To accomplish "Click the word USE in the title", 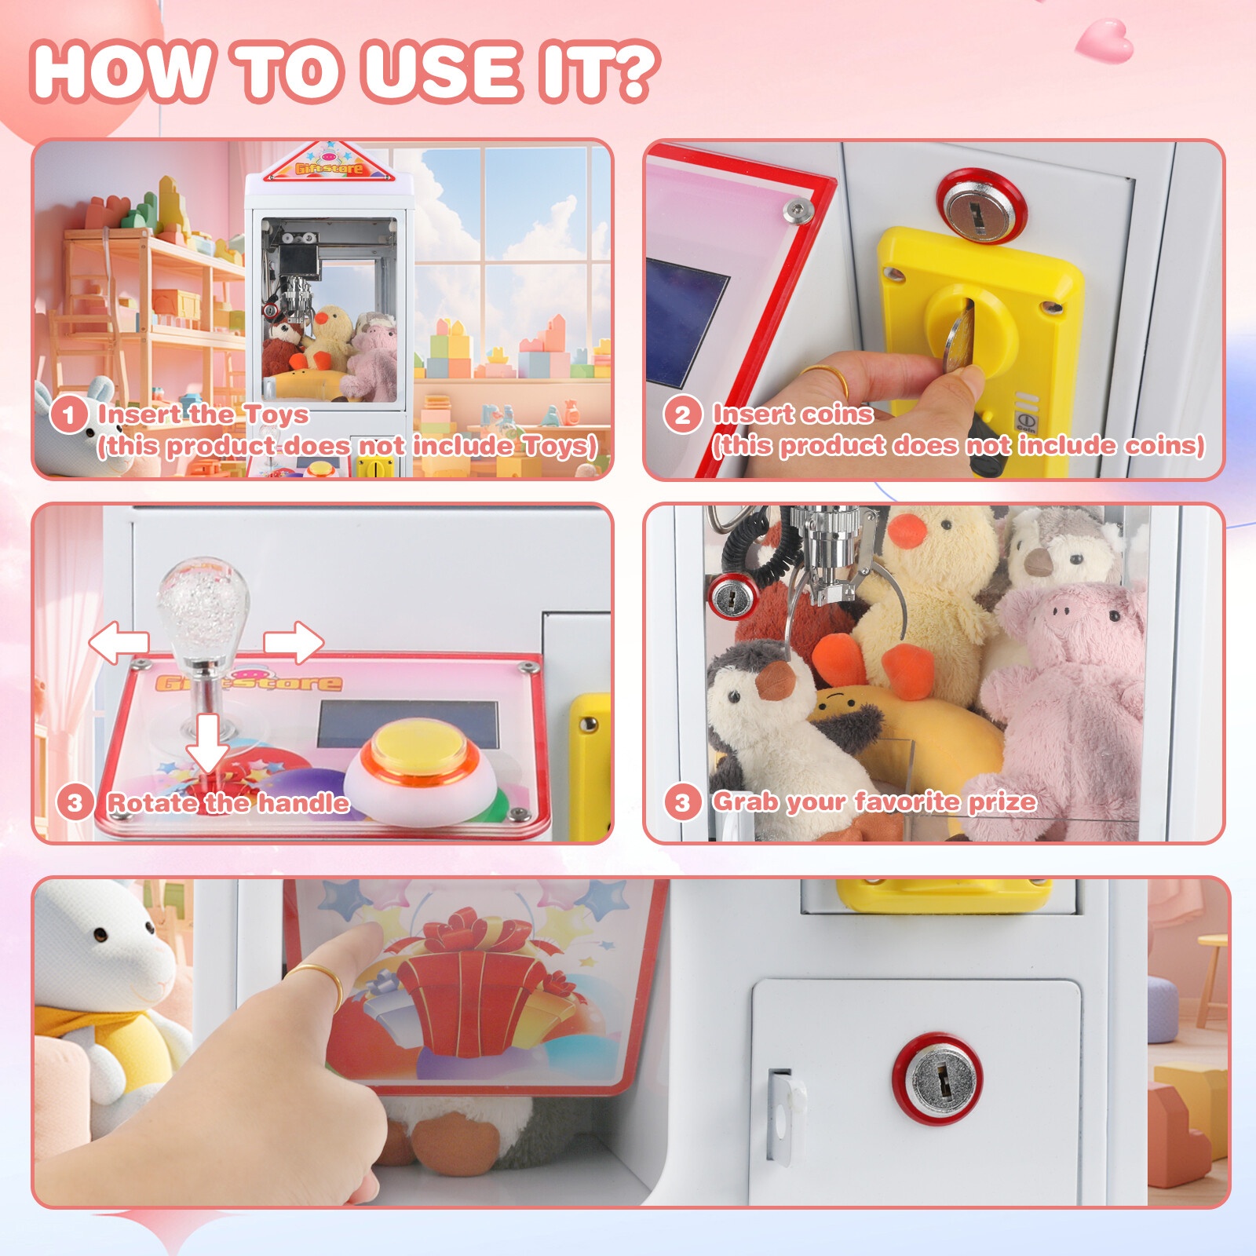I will tap(442, 72).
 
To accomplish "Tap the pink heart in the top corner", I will tap(1105, 41).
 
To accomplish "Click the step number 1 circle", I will tap(68, 414).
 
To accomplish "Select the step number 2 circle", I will tap(682, 414).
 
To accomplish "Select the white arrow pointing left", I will tap(119, 642).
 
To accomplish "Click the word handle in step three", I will tap(304, 802).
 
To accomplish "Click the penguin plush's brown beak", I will tap(776, 680).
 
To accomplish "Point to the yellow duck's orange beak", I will tap(907, 531).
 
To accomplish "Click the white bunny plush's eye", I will tap(100, 935).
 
